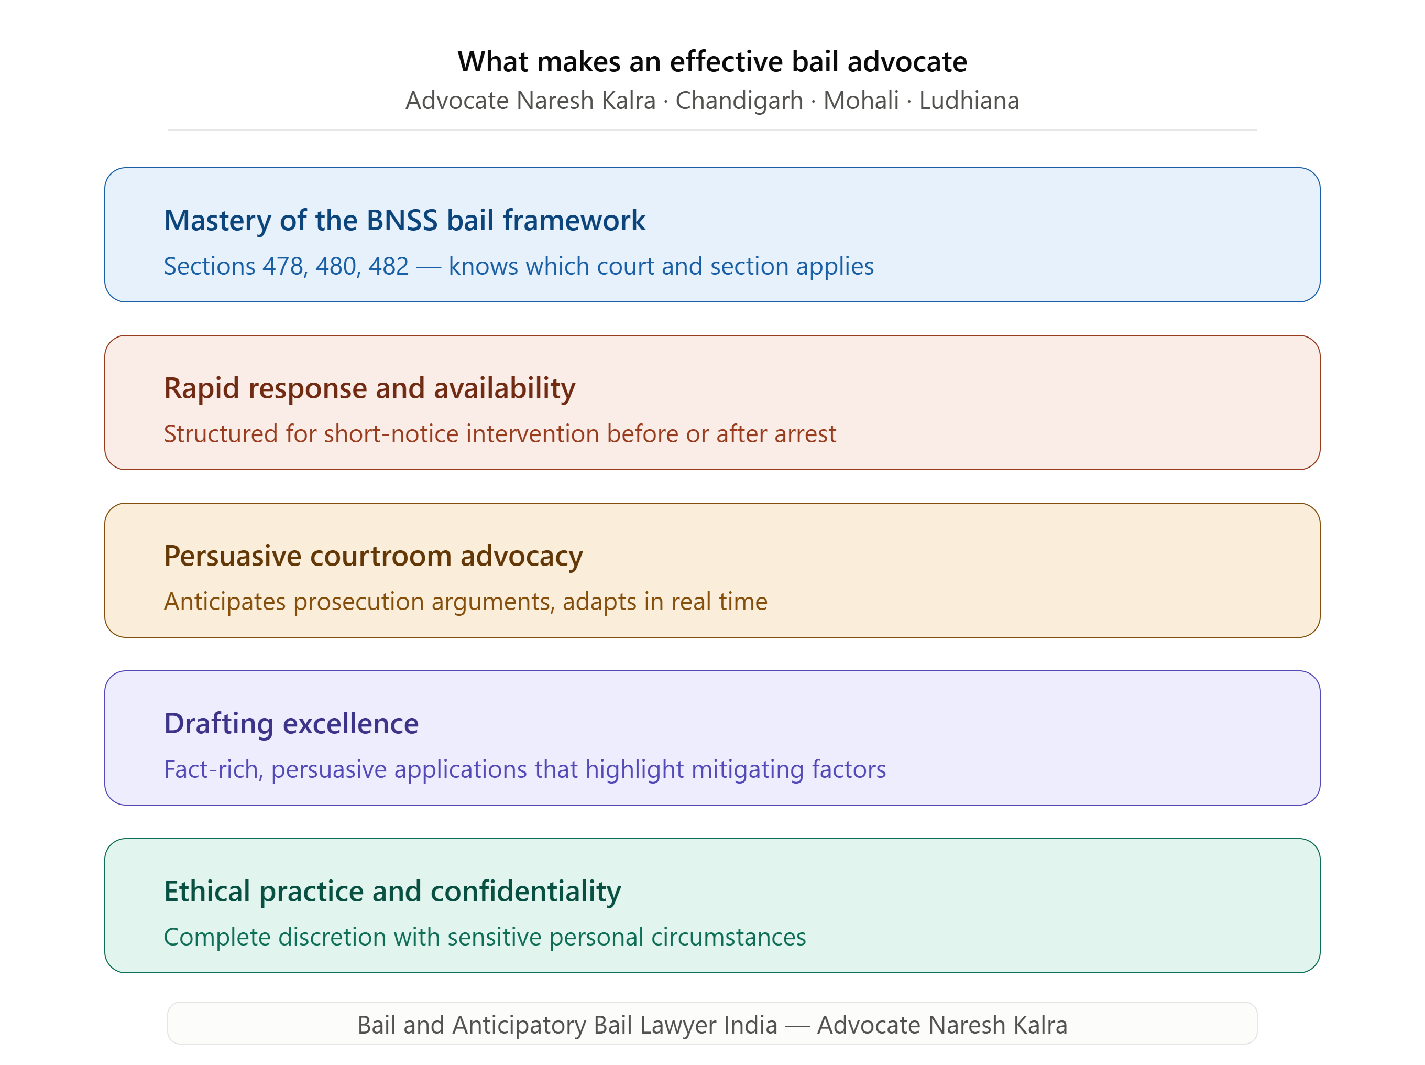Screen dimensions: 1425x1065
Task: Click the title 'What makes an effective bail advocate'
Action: pos(712,62)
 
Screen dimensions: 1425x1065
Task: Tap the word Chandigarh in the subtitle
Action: pos(739,101)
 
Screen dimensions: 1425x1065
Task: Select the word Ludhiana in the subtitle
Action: pos(969,101)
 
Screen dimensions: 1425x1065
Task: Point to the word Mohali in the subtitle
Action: pos(861,101)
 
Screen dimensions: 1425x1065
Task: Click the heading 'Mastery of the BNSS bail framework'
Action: pos(404,221)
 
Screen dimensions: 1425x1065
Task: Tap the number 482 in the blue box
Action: pos(388,266)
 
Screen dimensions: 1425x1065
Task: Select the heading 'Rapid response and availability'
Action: pos(370,388)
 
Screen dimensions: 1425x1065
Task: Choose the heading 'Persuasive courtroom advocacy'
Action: pos(374,556)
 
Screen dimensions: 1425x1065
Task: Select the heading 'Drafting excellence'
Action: pos(291,723)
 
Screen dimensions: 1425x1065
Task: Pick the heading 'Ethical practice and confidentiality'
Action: pos(392,891)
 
